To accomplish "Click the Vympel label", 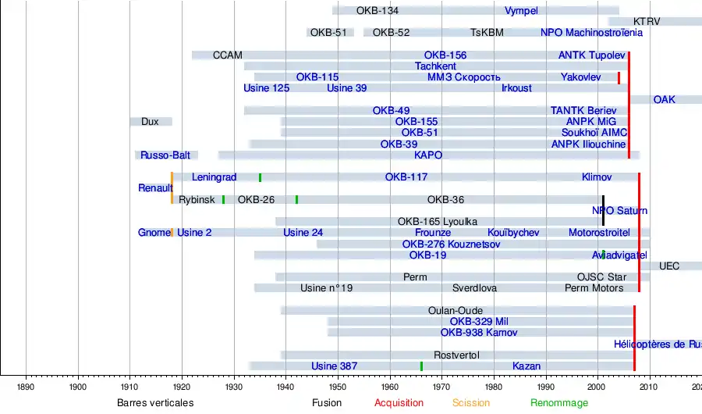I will (x=521, y=11).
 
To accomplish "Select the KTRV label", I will (x=647, y=21).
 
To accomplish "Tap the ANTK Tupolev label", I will (x=591, y=55).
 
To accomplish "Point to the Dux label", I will (x=150, y=122).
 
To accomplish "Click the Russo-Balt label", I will (x=165, y=155).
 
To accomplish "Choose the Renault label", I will (x=155, y=188).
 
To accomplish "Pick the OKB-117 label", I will (x=406, y=177).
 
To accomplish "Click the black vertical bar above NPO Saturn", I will (x=603, y=209).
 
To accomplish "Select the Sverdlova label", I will (x=474, y=288).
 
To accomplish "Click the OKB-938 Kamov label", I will (x=479, y=333).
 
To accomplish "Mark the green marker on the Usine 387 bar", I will (x=421, y=366).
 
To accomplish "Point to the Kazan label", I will (x=526, y=366).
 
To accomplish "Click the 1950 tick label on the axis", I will (x=338, y=384).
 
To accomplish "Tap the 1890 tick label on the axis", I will (x=26, y=384).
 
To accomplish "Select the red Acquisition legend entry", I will (x=399, y=403).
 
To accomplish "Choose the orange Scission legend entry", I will (x=471, y=403).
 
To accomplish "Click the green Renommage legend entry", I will (x=559, y=403).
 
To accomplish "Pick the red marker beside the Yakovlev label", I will (x=619, y=77).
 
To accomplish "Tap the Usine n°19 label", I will (x=326, y=288).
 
